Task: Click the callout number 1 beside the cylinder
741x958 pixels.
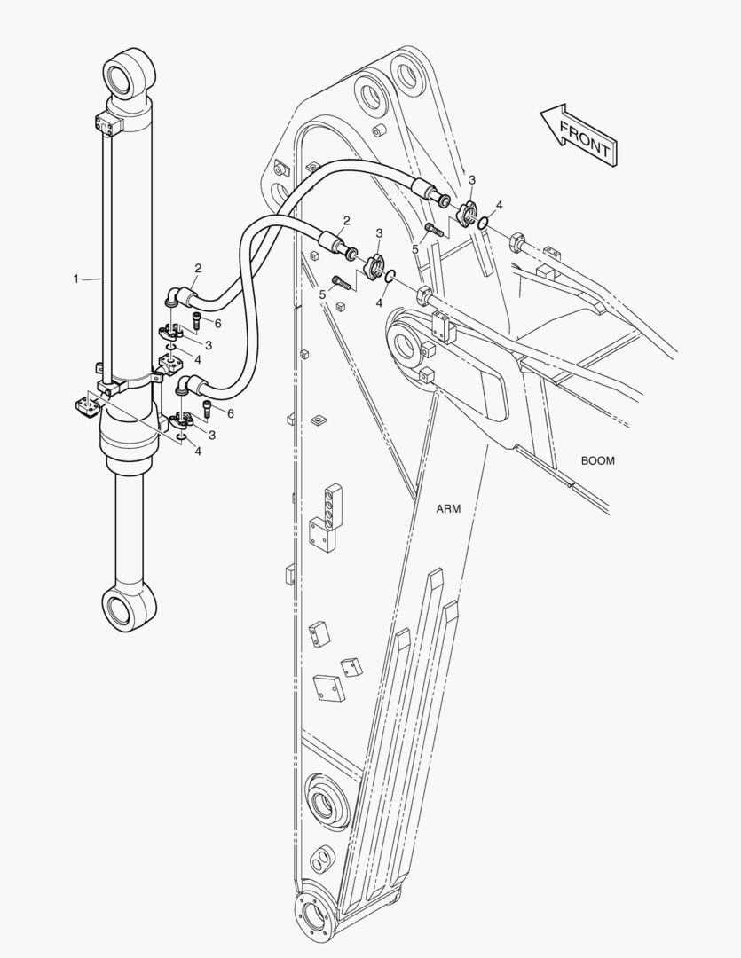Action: [76, 279]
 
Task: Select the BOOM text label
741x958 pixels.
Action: [597, 460]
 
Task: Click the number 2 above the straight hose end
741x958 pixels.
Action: [346, 221]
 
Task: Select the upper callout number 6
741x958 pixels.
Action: [217, 324]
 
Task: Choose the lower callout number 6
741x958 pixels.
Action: [231, 413]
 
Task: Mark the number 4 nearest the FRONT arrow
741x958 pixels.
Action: [500, 205]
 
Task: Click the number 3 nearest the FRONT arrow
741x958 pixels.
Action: [472, 180]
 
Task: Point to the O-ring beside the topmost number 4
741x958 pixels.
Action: [482, 223]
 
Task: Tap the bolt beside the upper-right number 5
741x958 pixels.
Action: [435, 229]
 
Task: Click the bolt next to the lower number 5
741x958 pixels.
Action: [341, 284]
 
